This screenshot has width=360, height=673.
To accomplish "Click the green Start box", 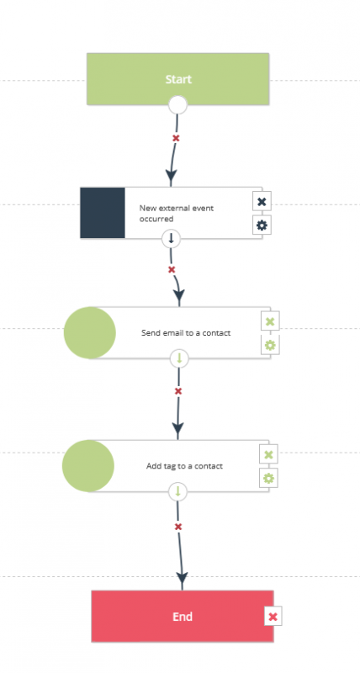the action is point(177,79).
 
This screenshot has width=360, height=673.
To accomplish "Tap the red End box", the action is point(182,617).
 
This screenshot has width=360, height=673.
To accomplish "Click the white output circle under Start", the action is point(177,104).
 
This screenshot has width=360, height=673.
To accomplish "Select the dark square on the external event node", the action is point(103,213).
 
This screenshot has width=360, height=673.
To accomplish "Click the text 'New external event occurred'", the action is point(177,214).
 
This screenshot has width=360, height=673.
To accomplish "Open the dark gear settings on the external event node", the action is point(262,225).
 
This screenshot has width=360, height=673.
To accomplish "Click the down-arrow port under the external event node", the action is point(172,239).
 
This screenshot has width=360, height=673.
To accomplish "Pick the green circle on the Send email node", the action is point(90,332).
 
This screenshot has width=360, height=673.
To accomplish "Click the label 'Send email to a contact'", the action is point(186,332).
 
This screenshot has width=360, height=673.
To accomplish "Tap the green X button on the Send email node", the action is point(270,321).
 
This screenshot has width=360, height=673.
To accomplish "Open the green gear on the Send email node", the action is point(270,345).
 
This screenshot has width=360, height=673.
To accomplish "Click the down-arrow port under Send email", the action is point(179,358).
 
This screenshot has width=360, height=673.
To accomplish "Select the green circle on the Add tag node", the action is point(88,466).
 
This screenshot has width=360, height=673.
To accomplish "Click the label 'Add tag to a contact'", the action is point(184,466).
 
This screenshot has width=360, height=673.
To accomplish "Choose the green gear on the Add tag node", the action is point(268,478).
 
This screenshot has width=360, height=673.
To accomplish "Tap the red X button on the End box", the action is point(273,617).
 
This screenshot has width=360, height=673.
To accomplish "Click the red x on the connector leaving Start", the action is point(176,138).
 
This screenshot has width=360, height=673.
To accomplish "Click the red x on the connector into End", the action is point(178,527).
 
